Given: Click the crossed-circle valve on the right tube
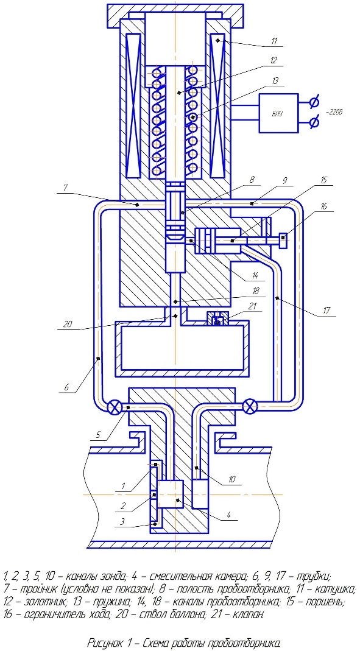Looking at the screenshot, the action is (x=250, y=406).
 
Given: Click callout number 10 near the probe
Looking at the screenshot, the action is (x=231, y=479).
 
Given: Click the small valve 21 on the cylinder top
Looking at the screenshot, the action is (x=217, y=320).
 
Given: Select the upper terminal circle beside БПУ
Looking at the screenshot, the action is (x=314, y=101).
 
